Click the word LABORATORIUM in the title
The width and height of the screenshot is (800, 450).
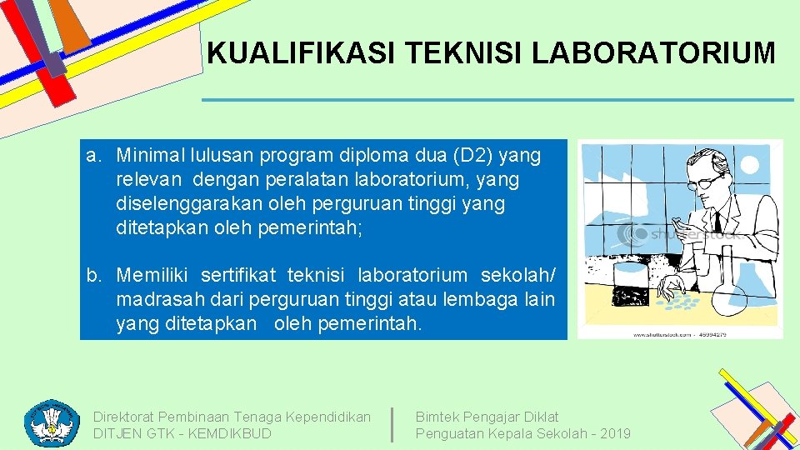click(653, 53)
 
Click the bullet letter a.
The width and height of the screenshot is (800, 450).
click(93, 155)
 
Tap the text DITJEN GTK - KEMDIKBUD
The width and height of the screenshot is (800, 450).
click(182, 433)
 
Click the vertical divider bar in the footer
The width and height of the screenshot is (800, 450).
click(392, 423)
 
